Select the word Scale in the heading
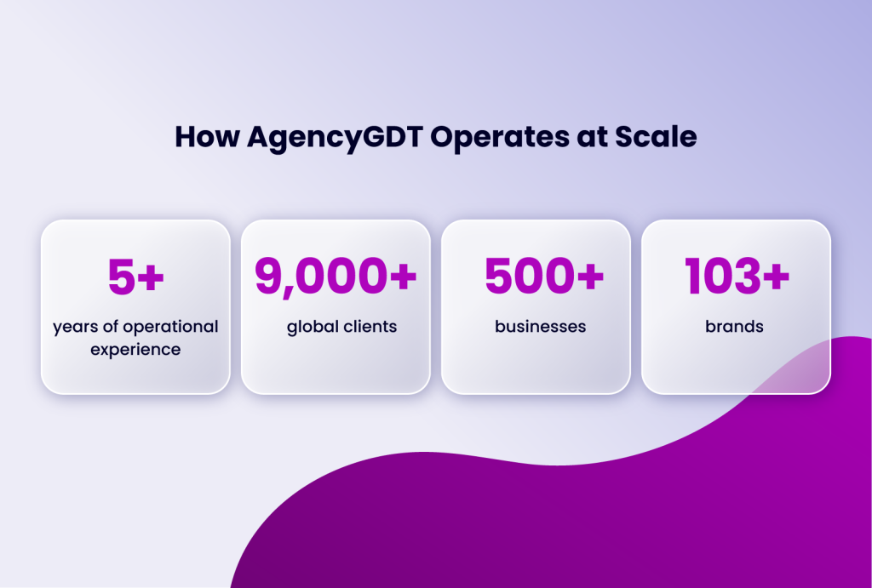(x=660, y=137)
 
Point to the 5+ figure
(x=135, y=277)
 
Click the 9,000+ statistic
(x=336, y=277)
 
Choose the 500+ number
(x=544, y=277)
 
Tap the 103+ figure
(x=737, y=277)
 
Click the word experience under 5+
(x=135, y=348)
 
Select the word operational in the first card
(x=170, y=327)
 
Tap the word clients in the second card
(x=370, y=327)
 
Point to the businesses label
(x=540, y=327)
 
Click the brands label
(x=734, y=327)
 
